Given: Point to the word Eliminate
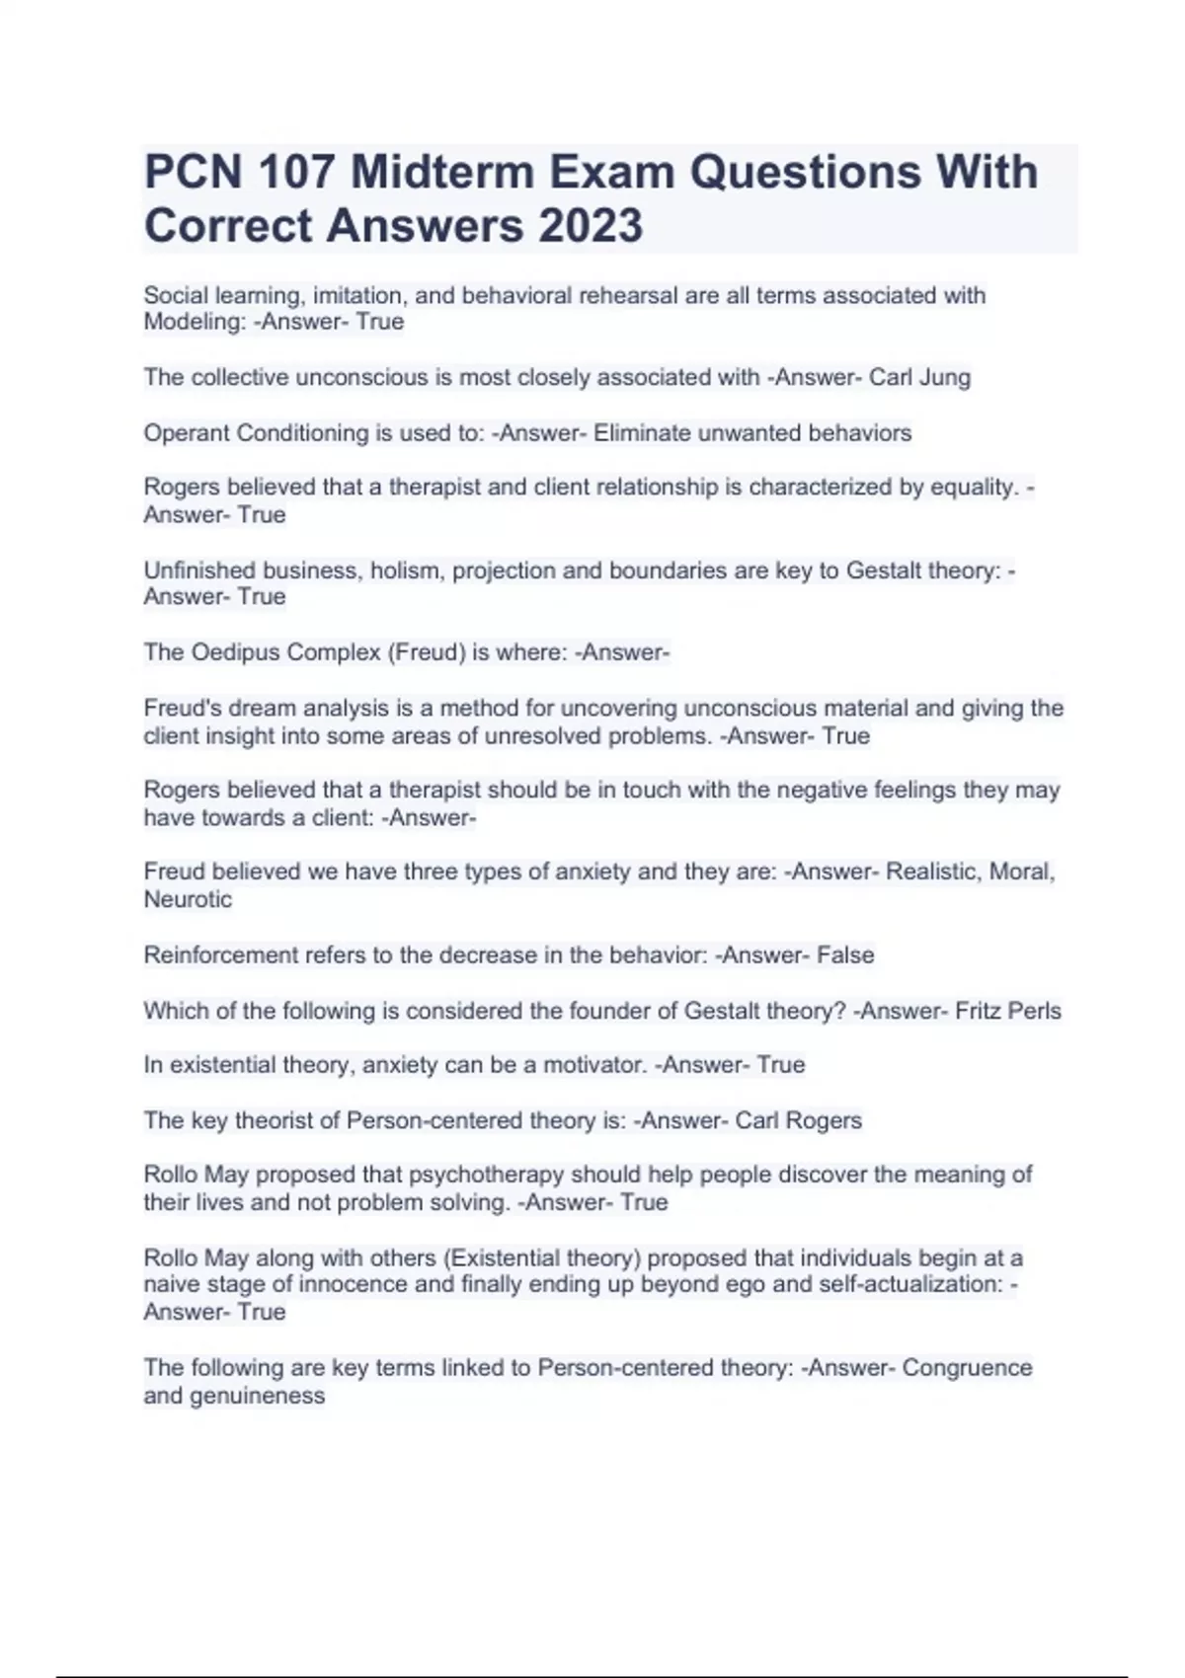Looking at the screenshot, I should pos(642,432).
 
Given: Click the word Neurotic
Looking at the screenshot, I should pos(188,899).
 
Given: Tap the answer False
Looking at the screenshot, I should pos(845,954).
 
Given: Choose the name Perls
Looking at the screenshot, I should pos(1034,1011).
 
